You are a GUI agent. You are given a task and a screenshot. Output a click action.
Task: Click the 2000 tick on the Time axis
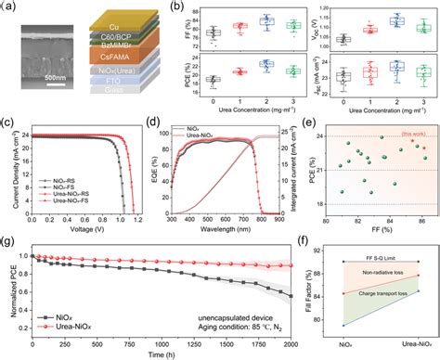[x=296, y=340]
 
